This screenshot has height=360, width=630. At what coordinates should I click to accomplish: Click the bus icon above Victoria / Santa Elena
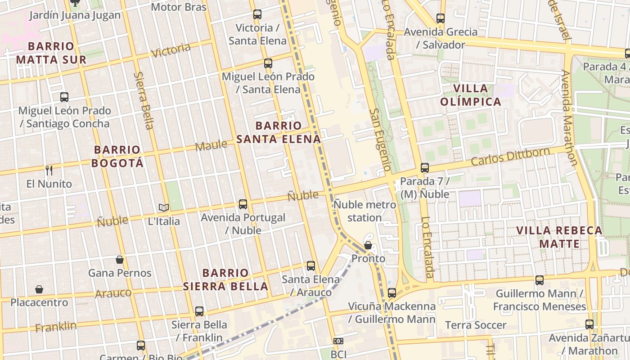click(257, 14)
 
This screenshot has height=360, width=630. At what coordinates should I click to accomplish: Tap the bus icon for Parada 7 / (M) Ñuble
click(424, 168)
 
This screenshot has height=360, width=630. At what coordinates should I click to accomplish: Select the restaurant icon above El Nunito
click(49, 171)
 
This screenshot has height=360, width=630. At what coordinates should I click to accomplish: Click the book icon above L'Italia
click(164, 207)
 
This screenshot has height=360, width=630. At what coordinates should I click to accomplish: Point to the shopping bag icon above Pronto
click(368, 245)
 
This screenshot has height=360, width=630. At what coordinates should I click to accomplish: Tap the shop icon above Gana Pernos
click(120, 260)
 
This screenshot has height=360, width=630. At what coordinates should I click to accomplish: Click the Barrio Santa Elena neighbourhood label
click(279, 132)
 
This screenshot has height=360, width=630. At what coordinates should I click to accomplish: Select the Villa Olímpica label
click(471, 95)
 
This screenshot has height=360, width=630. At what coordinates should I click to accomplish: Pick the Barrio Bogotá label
click(117, 156)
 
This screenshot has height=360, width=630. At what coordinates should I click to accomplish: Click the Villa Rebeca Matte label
click(559, 237)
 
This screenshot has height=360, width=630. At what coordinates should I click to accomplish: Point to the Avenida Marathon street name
click(569, 117)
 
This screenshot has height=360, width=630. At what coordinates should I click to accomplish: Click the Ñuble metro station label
click(364, 211)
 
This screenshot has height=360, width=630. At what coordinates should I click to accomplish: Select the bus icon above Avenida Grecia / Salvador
click(441, 18)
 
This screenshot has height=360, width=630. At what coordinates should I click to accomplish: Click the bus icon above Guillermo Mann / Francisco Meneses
click(540, 280)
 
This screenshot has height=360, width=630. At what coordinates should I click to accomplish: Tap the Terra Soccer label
click(476, 325)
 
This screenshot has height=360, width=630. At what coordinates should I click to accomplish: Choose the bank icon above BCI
click(338, 342)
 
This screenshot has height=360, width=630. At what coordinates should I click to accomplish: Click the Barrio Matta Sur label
click(51, 53)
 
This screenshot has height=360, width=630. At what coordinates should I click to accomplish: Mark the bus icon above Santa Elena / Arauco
click(311, 266)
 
